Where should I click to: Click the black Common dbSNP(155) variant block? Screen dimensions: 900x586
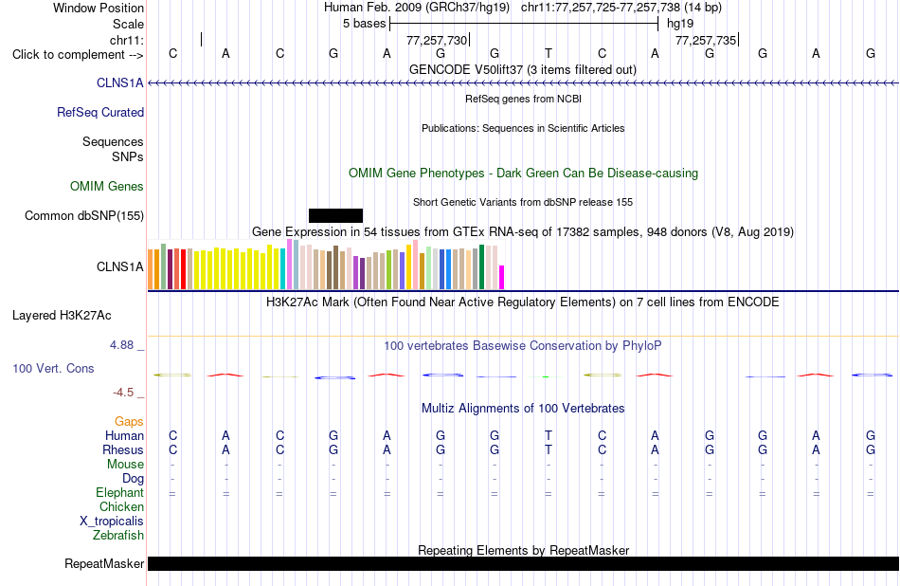[x=335, y=215]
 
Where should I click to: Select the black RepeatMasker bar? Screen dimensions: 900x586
[x=523, y=563]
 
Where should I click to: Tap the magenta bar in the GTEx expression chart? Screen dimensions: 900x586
[x=502, y=277]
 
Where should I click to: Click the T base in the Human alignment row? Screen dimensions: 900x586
[x=549, y=435]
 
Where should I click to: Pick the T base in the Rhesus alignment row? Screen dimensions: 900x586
[x=549, y=449]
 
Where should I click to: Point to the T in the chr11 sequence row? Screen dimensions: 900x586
[x=549, y=53]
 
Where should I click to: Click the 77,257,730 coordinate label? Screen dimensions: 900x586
[x=437, y=40]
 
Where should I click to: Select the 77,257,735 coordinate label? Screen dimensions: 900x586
[x=706, y=40]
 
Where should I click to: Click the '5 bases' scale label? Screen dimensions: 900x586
[x=365, y=24]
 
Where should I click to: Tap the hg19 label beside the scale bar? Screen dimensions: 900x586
[x=680, y=24]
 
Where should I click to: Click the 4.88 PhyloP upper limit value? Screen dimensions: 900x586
[x=121, y=345]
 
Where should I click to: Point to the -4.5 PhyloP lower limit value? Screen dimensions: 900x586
[x=123, y=393]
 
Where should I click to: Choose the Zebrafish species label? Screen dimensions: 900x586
[x=118, y=536]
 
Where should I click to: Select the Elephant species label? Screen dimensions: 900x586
[x=120, y=493]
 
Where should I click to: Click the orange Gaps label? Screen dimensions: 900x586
[x=129, y=422]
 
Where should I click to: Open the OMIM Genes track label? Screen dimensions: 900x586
[x=107, y=186]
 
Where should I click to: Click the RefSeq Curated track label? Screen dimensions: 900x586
[x=100, y=112]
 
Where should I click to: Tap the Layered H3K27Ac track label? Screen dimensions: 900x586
[x=62, y=316]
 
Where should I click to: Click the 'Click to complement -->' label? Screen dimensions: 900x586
[x=78, y=55]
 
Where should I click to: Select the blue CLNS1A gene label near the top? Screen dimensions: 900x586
[x=120, y=82]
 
